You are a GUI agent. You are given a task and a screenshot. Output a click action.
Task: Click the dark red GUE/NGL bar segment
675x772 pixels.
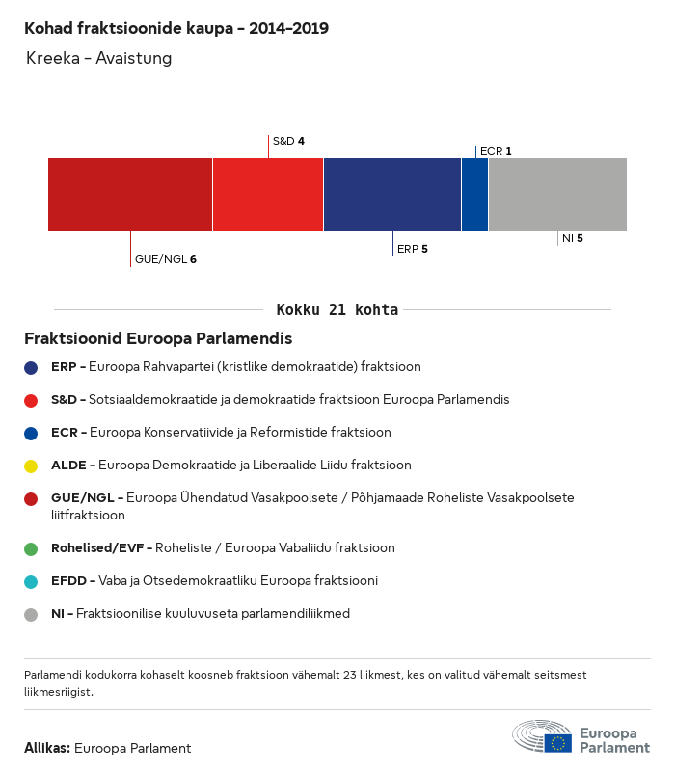pos(130,195)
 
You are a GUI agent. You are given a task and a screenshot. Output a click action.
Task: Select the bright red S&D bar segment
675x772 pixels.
pos(268,195)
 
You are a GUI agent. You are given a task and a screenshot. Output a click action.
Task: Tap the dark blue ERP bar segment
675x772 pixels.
pos(392,195)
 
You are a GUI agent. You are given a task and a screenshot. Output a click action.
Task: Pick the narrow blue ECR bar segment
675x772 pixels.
pos(474,195)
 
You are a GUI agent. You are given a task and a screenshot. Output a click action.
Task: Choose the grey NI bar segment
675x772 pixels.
pos(557,195)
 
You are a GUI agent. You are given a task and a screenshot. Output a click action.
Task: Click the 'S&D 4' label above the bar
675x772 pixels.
pos(288,141)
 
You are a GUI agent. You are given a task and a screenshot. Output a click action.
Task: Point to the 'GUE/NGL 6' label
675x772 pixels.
pos(165,259)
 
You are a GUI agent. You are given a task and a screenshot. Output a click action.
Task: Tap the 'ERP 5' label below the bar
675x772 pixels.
pos(412,249)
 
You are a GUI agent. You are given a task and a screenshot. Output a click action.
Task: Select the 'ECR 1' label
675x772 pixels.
pos(496,151)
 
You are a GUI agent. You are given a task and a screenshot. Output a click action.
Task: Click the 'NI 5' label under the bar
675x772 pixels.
pos(572,237)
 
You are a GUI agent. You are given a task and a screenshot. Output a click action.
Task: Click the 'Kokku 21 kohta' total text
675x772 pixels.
pos(337,310)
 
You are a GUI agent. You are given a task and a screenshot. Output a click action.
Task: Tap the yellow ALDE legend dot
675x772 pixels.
pos(31,466)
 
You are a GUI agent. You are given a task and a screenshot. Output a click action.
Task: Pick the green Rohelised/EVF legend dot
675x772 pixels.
pos(31,548)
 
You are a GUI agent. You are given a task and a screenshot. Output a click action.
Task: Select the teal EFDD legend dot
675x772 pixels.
pos(31,581)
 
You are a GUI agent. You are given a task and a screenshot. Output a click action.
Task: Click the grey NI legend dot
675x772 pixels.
pos(31,614)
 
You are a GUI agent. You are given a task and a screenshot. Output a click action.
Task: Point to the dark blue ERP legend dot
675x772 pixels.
pos(31,367)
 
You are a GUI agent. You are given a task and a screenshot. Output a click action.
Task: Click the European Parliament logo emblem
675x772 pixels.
pos(542,736)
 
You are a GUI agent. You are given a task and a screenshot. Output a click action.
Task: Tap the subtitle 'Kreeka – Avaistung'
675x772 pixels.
pos(98,58)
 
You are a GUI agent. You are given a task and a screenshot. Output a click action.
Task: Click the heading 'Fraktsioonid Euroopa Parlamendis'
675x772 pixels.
pos(158,339)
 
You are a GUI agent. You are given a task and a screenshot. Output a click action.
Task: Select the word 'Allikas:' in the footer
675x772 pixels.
pos(46,748)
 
